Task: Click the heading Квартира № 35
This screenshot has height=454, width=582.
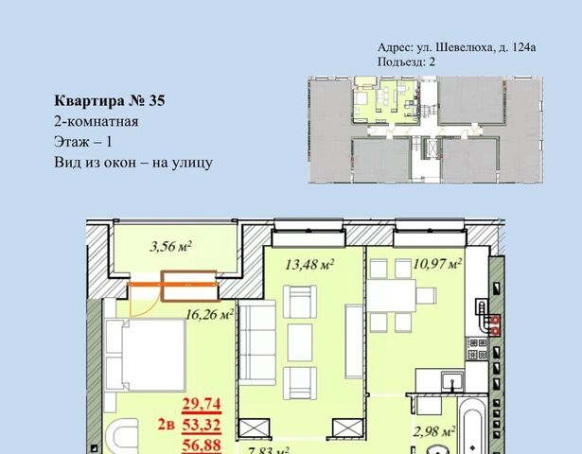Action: pyautogui.click(x=110, y=100)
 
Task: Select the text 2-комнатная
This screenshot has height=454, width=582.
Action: pyautogui.click(x=97, y=121)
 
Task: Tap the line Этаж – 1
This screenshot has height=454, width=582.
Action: pyautogui.click(x=82, y=142)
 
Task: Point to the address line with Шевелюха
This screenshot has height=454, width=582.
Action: pyautogui.click(x=456, y=47)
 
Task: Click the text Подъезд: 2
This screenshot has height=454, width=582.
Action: pyautogui.click(x=406, y=61)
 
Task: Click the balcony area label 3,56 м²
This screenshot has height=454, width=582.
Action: pyautogui.click(x=170, y=247)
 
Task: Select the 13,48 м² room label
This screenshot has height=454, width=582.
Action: pyautogui.click(x=309, y=265)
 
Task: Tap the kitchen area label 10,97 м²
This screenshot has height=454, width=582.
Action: pyautogui.click(x=437, y=264)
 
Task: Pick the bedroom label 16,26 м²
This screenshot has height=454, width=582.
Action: pyautogui.click(x=209, y=315)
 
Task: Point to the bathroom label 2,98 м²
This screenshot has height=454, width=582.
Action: pyautogui.click(x=434, y=431)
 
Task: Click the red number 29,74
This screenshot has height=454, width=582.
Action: pyautogui.click(x=202, y=404)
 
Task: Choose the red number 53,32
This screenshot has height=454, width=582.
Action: pyautogui.click(x=202, y=425)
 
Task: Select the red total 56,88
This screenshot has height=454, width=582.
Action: pyautogui.click(x=202, y=445)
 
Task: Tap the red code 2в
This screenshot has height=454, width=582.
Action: pyautogui.click(x=166, y=425)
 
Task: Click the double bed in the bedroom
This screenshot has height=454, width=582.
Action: pyautogui.click(x=145, y=355)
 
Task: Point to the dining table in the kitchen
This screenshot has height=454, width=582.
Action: pyautogui.click(x=391, y=296)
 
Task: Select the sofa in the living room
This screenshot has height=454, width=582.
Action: pyautogui.click(x=257, y=343)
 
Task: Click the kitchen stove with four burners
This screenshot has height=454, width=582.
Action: pyautogui.click(x=477, y=349)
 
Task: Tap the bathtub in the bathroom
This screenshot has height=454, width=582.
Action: pyautogui.click(x=472, y=427)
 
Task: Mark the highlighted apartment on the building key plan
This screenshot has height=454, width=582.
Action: pyautogui.click(x=386, y=100)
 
